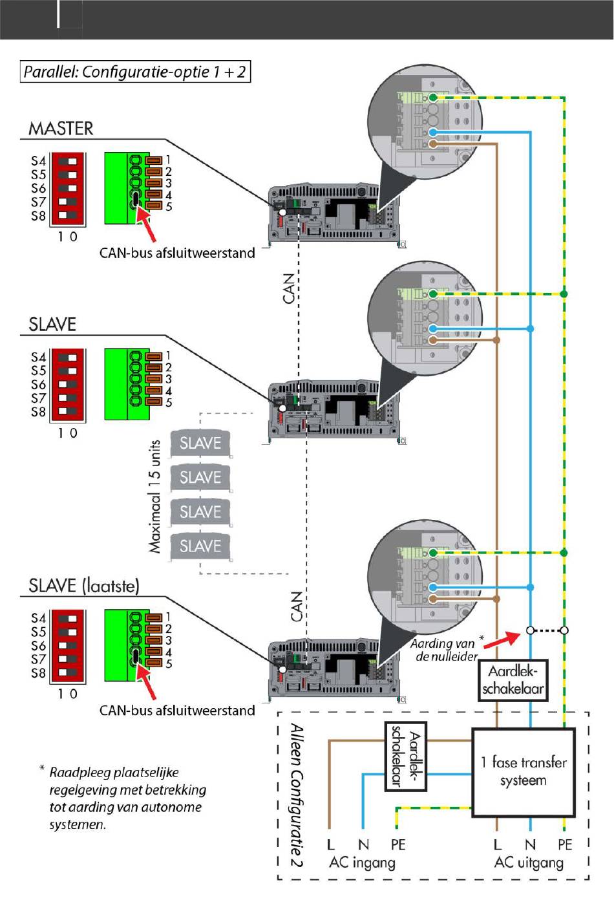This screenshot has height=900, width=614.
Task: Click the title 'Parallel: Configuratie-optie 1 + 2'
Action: pyautogui.click(x=135, y=72)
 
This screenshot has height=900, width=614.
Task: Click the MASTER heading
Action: pyautogui.click(x=61, y=129)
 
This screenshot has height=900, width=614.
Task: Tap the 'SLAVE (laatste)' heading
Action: pyautogui.click(x=84, y=586)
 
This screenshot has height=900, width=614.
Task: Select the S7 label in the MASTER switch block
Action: pyautogui.click(x=39, y=202)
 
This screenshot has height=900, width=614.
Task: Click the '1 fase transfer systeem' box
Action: pyautogui.click(x=524, y=772)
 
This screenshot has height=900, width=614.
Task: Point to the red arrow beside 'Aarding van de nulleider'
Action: pyautogui.click(x=502, y=640)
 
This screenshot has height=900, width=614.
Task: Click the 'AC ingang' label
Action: pyautogui.click(x=362, y=862)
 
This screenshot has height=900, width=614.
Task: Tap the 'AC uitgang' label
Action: pyautogui.click(x=529, y=862)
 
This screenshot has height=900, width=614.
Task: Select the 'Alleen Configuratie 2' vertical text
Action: pyautogui.click(x=297, y=795)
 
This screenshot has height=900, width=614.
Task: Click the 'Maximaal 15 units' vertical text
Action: pyautogui.click(x=154, y=497)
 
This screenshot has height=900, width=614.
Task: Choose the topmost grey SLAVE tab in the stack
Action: pyautogui.click(x=200, y=444)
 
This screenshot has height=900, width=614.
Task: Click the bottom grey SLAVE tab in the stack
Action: pyautogui.click(x=200, y=547)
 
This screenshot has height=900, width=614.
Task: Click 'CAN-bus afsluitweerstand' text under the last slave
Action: pyautogui.click(x=177, y=711)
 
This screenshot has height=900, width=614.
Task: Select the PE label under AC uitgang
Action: pyautogui.click(x=565, y=844)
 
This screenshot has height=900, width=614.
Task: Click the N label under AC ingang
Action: pyautogui.click(x=363, y=844)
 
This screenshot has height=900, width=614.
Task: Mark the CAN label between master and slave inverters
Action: pyautogui.click(x=289, y=288)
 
